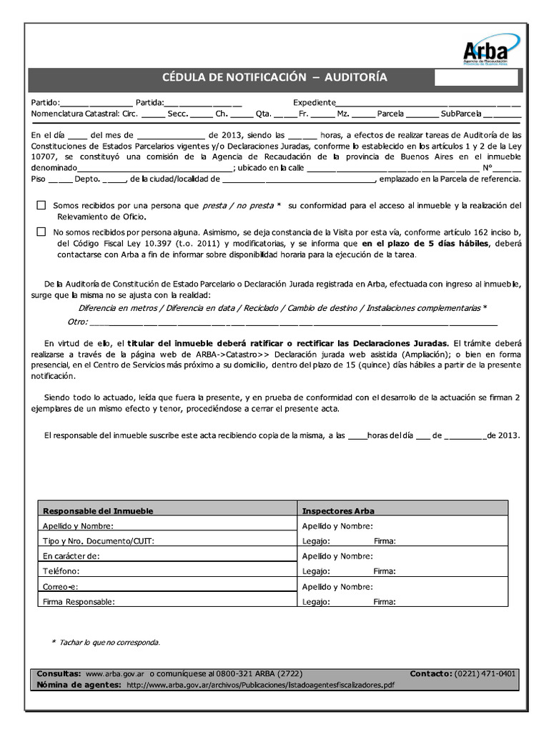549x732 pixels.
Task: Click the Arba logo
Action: (x=487, y=52)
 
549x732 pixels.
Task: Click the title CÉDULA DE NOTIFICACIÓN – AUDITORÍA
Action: (x=275, y=77)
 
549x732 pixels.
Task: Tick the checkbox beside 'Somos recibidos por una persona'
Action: (x=41, y=205)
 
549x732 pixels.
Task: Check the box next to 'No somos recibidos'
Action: (x=41, y=232)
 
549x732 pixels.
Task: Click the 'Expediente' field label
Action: (x=314, y=102)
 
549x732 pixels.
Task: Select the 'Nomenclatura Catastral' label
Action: (x=75, y=114)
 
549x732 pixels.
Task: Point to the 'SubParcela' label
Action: (x=461, y=114)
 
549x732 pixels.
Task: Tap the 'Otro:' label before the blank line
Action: (x=78, y=322)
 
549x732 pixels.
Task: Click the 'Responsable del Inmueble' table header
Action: (x=98, y=511)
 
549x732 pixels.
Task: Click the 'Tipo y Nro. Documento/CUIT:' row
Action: (x=99, y=541)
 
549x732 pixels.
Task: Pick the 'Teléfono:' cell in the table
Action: (x=61, y=571)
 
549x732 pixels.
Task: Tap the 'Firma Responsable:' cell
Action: (x=79, y=602)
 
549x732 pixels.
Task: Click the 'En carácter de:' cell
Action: (x=71, y=556)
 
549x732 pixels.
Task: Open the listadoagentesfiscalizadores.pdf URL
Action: (x=260, y=685)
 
